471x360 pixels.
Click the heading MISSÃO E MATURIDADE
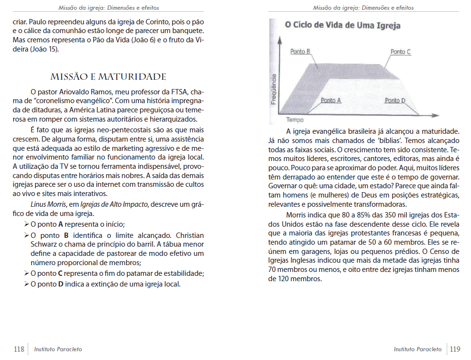108,77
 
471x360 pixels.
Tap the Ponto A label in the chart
331,100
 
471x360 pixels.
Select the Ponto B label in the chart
300,52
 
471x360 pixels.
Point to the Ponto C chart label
401,52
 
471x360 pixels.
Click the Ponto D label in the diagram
395,100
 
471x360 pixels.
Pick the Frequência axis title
275,90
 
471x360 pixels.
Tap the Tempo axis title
295,120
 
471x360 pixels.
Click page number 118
19,349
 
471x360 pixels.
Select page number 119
455,349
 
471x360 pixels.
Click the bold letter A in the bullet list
61,224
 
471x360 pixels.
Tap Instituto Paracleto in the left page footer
58,349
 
